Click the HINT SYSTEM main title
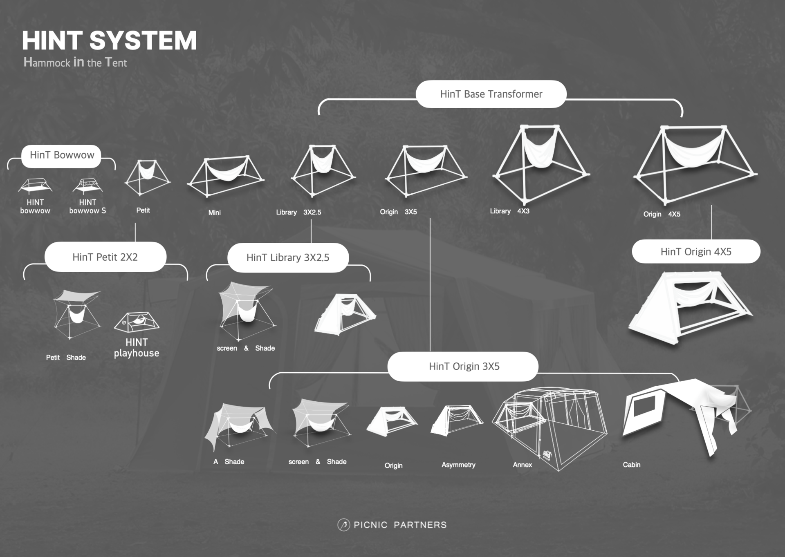coord(109,40)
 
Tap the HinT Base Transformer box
coord(491,94)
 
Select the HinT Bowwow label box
coord(61,155)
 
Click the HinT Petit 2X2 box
coord(105,257)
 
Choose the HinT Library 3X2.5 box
coord(288,257)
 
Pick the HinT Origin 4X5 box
coord(696,252)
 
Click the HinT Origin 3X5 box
coord(464,367)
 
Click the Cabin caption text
coord(631,465)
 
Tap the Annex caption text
coord(522,465)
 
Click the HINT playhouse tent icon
coord(137,322)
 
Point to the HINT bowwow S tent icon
coord(87,186)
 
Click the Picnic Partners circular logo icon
coord(343,525)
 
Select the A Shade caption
coord(229,462)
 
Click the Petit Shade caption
coord(66,358)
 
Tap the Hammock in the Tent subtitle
coord(75,62)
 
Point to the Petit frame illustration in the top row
coord(147,177)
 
